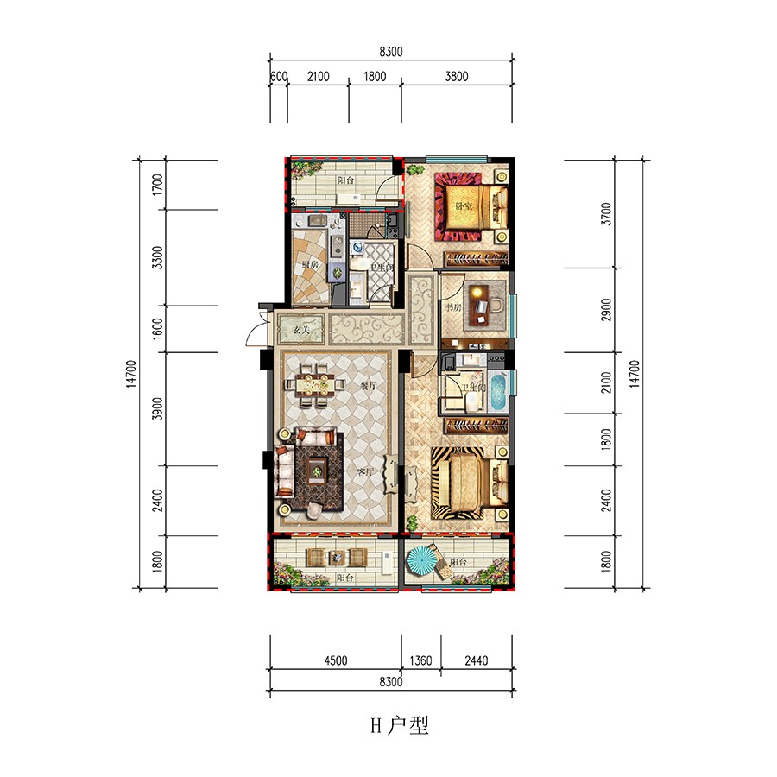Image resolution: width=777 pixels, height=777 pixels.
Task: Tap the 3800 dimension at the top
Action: coord(457,77)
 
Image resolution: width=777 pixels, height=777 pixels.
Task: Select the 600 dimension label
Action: coord(278,77)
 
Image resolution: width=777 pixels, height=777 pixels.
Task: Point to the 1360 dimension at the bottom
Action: coord(421,661)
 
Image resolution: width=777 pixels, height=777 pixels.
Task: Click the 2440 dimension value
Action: coord(475,661)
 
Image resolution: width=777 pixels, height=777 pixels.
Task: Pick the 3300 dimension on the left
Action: coord(156,258)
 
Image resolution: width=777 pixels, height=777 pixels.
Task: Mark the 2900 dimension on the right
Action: coord(606,309)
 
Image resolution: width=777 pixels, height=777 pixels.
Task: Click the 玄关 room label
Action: coord(300,330)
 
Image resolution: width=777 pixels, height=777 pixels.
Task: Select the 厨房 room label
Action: coord(310,266)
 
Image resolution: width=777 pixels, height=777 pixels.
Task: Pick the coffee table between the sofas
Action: coord(318,471)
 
